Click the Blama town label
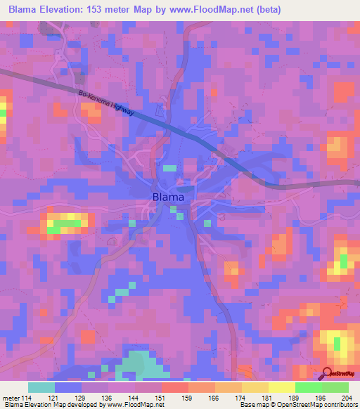click(x=169, y=197)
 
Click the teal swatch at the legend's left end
click(x=41, y=387)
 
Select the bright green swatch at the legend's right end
click(x=335, y=387)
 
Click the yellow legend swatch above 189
click(x=282, y=387)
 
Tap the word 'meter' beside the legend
click(x=11, y=397)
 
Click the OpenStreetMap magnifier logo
click(x=328, y=374)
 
